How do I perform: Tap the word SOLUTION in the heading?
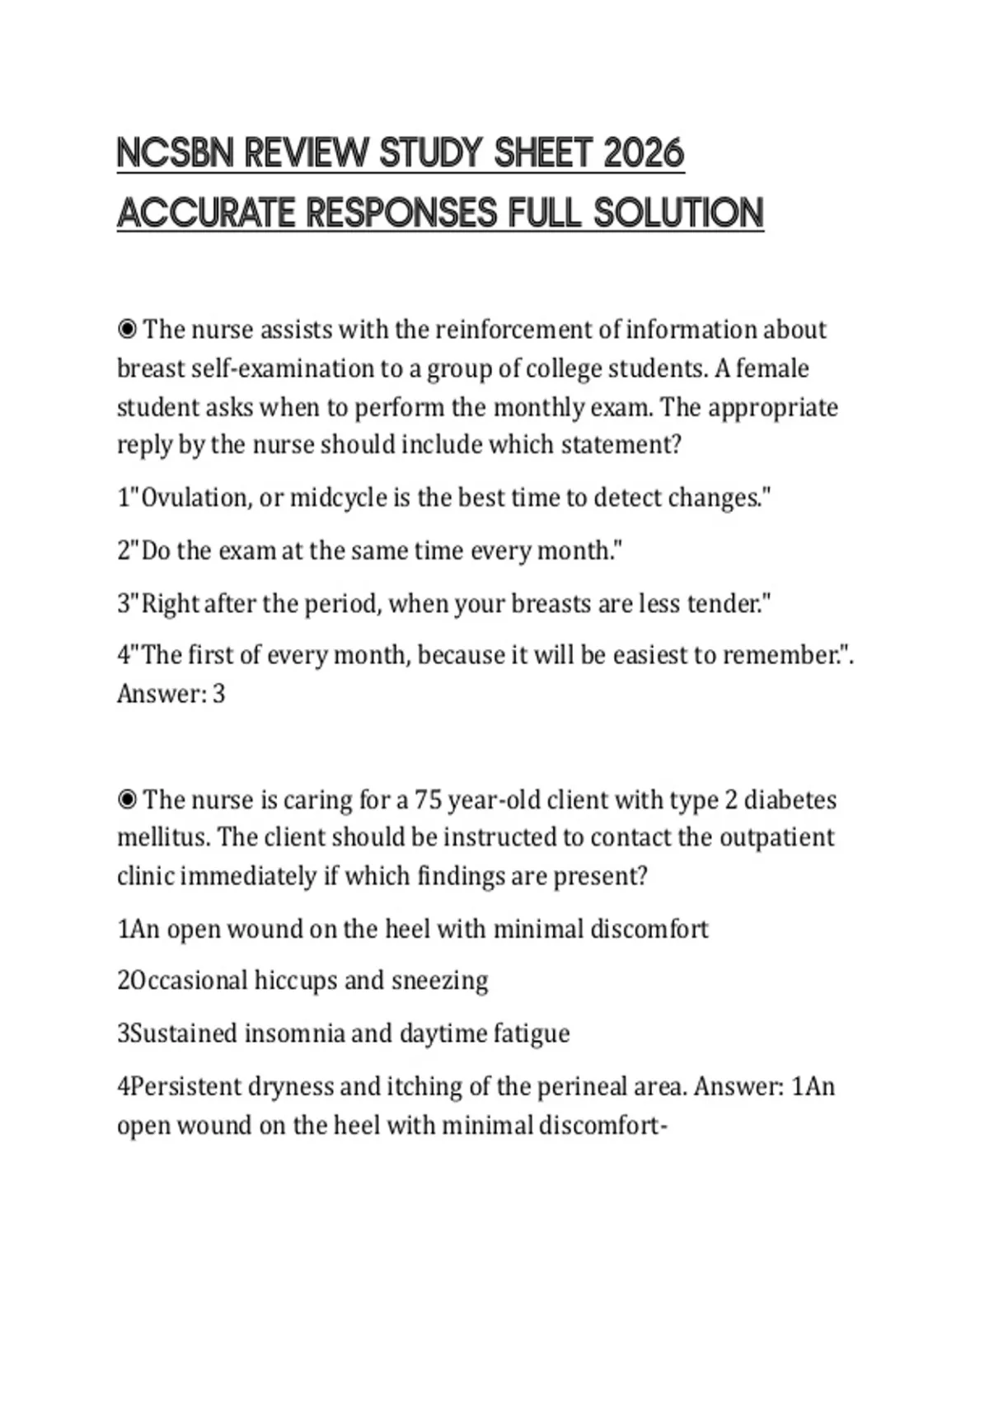[x=678, y=213]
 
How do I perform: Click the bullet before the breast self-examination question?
[x=127, y=330]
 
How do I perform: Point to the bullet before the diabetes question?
[x=127, y=799]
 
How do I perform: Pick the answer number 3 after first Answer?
[x=218, y=694]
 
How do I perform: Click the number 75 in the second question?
[x=429, y=799]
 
